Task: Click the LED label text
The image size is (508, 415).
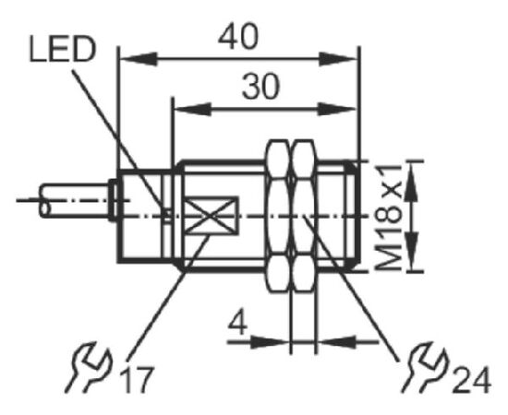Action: click(x=63, y=49)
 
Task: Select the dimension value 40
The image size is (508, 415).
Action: click(x=238, y=37)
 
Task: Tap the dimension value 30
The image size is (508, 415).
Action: click(x=260, y=87)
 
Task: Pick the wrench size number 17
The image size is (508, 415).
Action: click(x=136, y=380)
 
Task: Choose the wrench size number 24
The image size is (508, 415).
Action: click(x=472, y=382)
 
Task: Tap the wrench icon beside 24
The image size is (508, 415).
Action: click(x=425, y=367)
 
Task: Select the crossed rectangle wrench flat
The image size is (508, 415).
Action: click(x=211, y=215)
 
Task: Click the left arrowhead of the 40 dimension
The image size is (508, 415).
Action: click(x=139, y=59)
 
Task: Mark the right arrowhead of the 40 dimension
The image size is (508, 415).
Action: click(x=338, y=59)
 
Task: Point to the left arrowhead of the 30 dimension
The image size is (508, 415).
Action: click(x=193, y=110)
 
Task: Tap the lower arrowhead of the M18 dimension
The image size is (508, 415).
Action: click(x=412, y=252)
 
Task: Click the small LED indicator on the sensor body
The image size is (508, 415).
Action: click(x=168, y=215)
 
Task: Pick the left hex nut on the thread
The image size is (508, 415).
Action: click(x=278, y=216)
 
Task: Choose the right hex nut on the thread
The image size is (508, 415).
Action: click(x=304, y=216)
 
